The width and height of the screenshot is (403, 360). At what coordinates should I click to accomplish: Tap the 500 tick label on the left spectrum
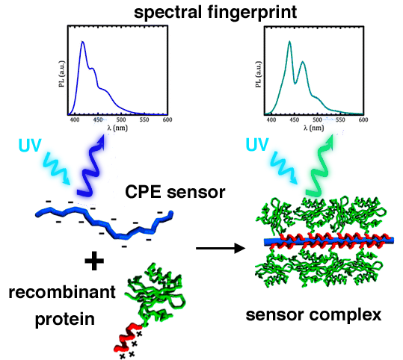(121, 120)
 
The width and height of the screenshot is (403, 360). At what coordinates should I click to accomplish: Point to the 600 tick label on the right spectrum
(363, 120)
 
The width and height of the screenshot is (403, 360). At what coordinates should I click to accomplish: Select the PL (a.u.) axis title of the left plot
(61, 74)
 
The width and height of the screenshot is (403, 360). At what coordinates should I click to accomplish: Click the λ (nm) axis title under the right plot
(313, 128)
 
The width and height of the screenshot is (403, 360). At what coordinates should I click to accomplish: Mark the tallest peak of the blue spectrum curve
(82, 42)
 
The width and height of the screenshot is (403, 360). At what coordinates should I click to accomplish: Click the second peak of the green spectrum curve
(303, 62)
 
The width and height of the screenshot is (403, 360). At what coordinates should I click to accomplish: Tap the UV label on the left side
(30, 146)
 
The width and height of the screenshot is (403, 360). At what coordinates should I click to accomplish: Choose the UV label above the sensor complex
(257, 144)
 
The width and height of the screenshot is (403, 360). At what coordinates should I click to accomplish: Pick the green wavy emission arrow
(319, 167)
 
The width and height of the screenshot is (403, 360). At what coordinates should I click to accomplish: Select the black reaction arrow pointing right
(221, 248)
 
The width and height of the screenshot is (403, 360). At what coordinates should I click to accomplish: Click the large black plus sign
(94, 261)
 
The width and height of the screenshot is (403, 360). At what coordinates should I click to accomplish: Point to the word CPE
(144, 192)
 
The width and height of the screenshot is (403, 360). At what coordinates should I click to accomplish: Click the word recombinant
(62, 293)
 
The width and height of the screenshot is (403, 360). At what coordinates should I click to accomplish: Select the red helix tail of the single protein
(127, 337)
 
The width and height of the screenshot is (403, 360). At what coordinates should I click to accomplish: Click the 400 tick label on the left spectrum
(75, 120)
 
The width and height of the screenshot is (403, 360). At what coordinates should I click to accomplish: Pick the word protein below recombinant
(65, 320)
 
